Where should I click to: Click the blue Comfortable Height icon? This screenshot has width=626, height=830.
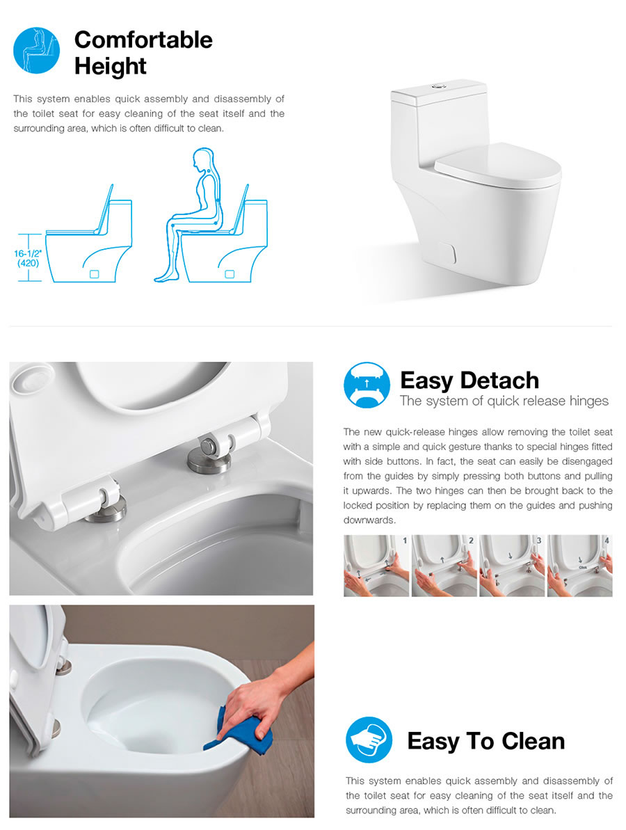[x=36, y=51]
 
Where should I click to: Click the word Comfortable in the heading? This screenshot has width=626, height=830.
[x=143, y=40]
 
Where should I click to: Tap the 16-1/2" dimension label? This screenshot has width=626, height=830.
[x=28, y=253]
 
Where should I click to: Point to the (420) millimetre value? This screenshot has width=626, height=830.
[x=28, y=263]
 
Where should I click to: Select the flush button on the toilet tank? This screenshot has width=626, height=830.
[x=438, y=85]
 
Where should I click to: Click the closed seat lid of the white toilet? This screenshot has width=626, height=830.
[x=497, y=163]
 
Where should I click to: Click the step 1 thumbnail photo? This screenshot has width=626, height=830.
[x=376, y=566]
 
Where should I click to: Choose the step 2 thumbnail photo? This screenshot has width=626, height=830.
[x=444, y=566]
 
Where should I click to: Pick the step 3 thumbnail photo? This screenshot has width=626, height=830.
[x=512, y=566]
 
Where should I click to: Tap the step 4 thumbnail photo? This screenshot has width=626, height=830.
[x=580, y=566]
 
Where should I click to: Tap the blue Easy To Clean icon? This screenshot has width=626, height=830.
[x=369, y=740]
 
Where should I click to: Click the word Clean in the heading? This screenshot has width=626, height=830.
[x=533, y=741]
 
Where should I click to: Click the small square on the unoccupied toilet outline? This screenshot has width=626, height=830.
[x=94, y=274]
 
